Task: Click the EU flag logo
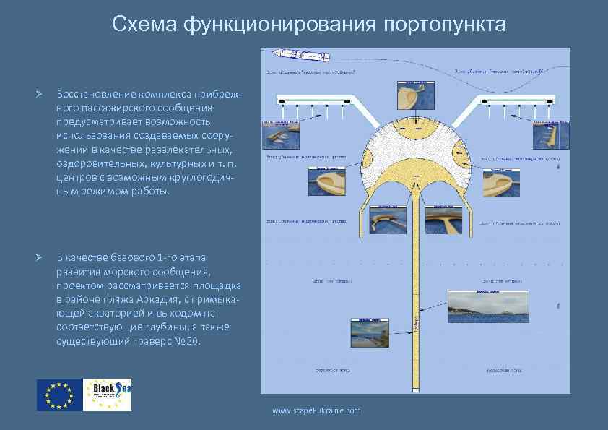click(x=58, y=395)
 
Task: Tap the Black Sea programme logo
click(x=108, y=395)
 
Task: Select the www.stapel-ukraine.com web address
click(x=316, y=410)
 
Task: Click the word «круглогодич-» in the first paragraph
click(x=201, y=179)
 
